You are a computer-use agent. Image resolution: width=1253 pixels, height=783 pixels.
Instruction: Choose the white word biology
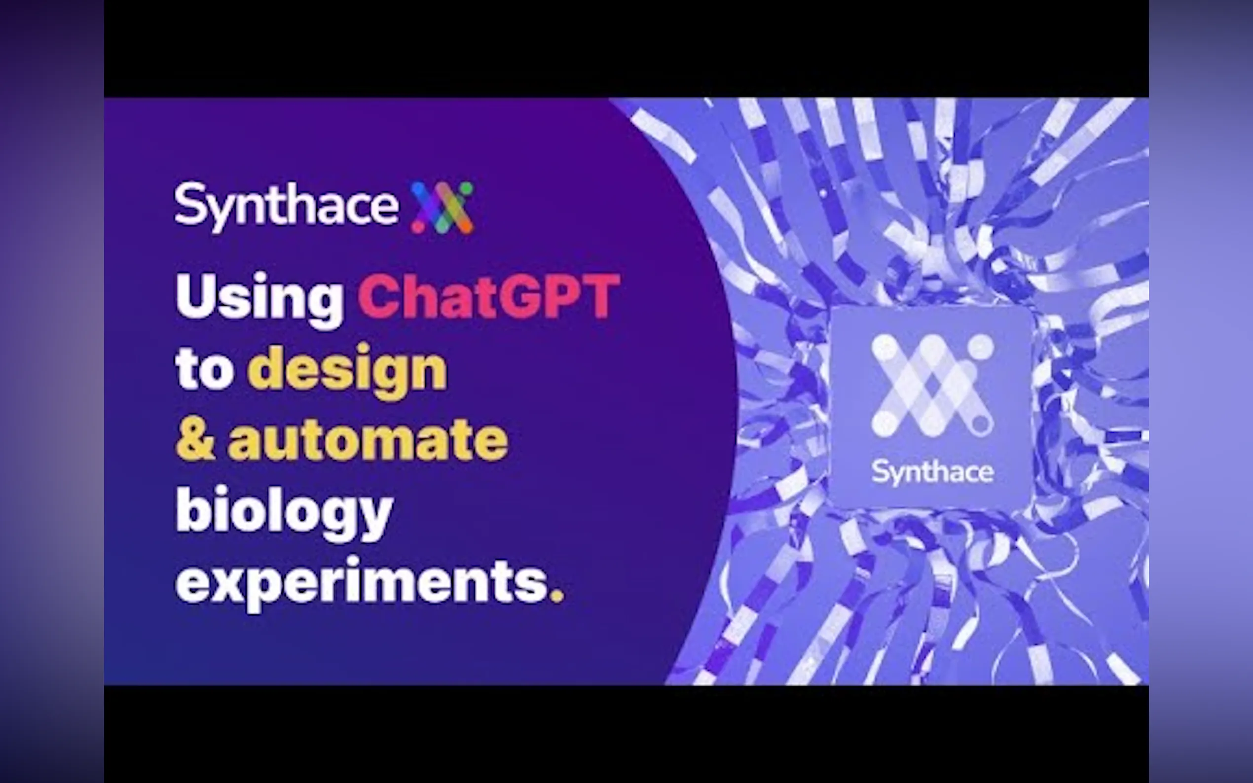click(x=284, y=510)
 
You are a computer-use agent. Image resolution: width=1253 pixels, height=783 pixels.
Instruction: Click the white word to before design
click(x=204, y=369)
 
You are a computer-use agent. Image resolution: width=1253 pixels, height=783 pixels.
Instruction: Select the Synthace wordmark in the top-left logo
click(x=287, y=206)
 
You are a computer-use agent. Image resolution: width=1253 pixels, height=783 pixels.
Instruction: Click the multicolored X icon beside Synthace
click(x=442, y=207)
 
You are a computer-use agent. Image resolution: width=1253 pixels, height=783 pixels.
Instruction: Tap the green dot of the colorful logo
click(x=466, y=187)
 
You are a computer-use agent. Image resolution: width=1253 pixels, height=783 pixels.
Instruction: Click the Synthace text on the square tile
click(x=932, y=472)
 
